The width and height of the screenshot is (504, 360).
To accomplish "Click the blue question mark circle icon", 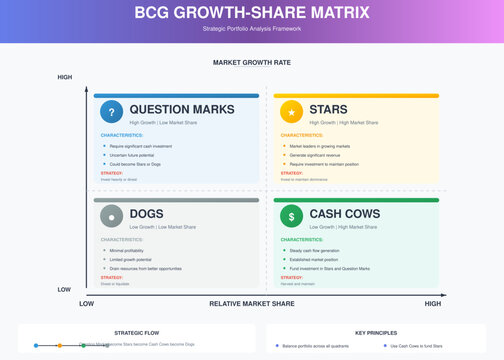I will point(112,112).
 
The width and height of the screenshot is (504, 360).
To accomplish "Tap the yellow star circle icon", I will point(291,112).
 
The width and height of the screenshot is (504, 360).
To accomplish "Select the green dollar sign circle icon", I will point(291,215).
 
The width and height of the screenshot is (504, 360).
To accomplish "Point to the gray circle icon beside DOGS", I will point(112,215).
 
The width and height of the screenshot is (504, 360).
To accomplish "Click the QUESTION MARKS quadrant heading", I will point(181,109).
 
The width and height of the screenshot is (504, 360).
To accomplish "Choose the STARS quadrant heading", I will point(331,109).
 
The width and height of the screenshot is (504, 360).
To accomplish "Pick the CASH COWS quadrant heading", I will point(344,213).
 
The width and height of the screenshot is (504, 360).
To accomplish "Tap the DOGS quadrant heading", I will point(146,213).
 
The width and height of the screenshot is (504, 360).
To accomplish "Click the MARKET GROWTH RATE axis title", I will point(252,62).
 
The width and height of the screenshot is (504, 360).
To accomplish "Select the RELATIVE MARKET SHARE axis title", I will point(251,303).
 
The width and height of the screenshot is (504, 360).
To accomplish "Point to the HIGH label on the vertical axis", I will point(65,77).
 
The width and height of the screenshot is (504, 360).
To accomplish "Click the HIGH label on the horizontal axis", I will point(432,303).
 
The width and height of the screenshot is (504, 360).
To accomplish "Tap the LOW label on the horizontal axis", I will point(87,303).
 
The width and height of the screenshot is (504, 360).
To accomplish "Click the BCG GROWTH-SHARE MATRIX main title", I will point(252,14).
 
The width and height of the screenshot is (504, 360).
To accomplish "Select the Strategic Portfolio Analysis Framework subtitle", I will point(252,29).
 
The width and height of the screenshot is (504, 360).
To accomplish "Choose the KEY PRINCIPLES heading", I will point(375,332).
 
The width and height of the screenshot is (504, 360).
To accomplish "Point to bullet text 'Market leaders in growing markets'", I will point(325,146).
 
